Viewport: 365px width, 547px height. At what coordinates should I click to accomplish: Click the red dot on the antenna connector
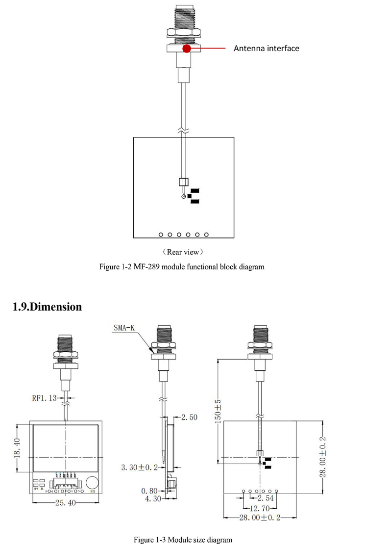[186, 48]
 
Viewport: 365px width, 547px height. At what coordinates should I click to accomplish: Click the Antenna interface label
[266, 48]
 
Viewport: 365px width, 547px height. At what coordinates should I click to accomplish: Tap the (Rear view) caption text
[183, 252]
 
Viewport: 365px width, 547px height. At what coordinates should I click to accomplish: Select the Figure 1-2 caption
[182, 267]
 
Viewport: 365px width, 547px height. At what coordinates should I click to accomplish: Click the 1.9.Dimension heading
[47, 307]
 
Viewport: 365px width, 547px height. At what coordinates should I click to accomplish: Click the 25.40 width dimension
[65, 503]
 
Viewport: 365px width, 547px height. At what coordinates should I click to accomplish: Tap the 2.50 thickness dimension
[189, 417]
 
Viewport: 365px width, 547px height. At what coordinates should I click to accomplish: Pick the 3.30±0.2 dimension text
[140, 468]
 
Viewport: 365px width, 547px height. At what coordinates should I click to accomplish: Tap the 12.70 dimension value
[260, 507]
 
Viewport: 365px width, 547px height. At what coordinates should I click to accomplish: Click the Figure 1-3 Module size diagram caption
[183, 540]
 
